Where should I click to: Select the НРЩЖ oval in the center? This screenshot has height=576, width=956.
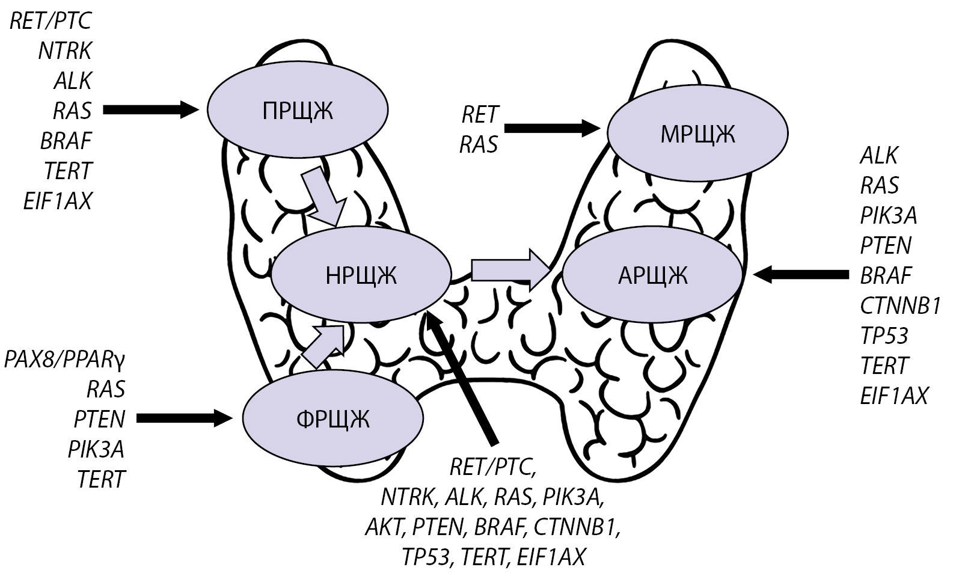pos(361,275)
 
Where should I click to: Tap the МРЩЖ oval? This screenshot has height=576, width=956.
pos(697,134)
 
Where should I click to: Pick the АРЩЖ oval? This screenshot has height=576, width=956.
pos(652,275)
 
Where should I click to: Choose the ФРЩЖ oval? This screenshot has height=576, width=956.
pos(333,418)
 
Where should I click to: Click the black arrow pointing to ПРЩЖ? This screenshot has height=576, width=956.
pos(151,110)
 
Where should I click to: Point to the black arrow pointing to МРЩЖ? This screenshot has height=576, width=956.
pos(552,127)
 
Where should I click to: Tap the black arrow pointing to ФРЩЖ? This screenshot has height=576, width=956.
pos(184,417)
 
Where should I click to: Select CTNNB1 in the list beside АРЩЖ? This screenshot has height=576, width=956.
pos(899,305)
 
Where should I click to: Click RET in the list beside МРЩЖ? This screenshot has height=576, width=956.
pos(480,114)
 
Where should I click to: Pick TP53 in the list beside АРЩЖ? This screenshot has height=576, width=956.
pos(884,335)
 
